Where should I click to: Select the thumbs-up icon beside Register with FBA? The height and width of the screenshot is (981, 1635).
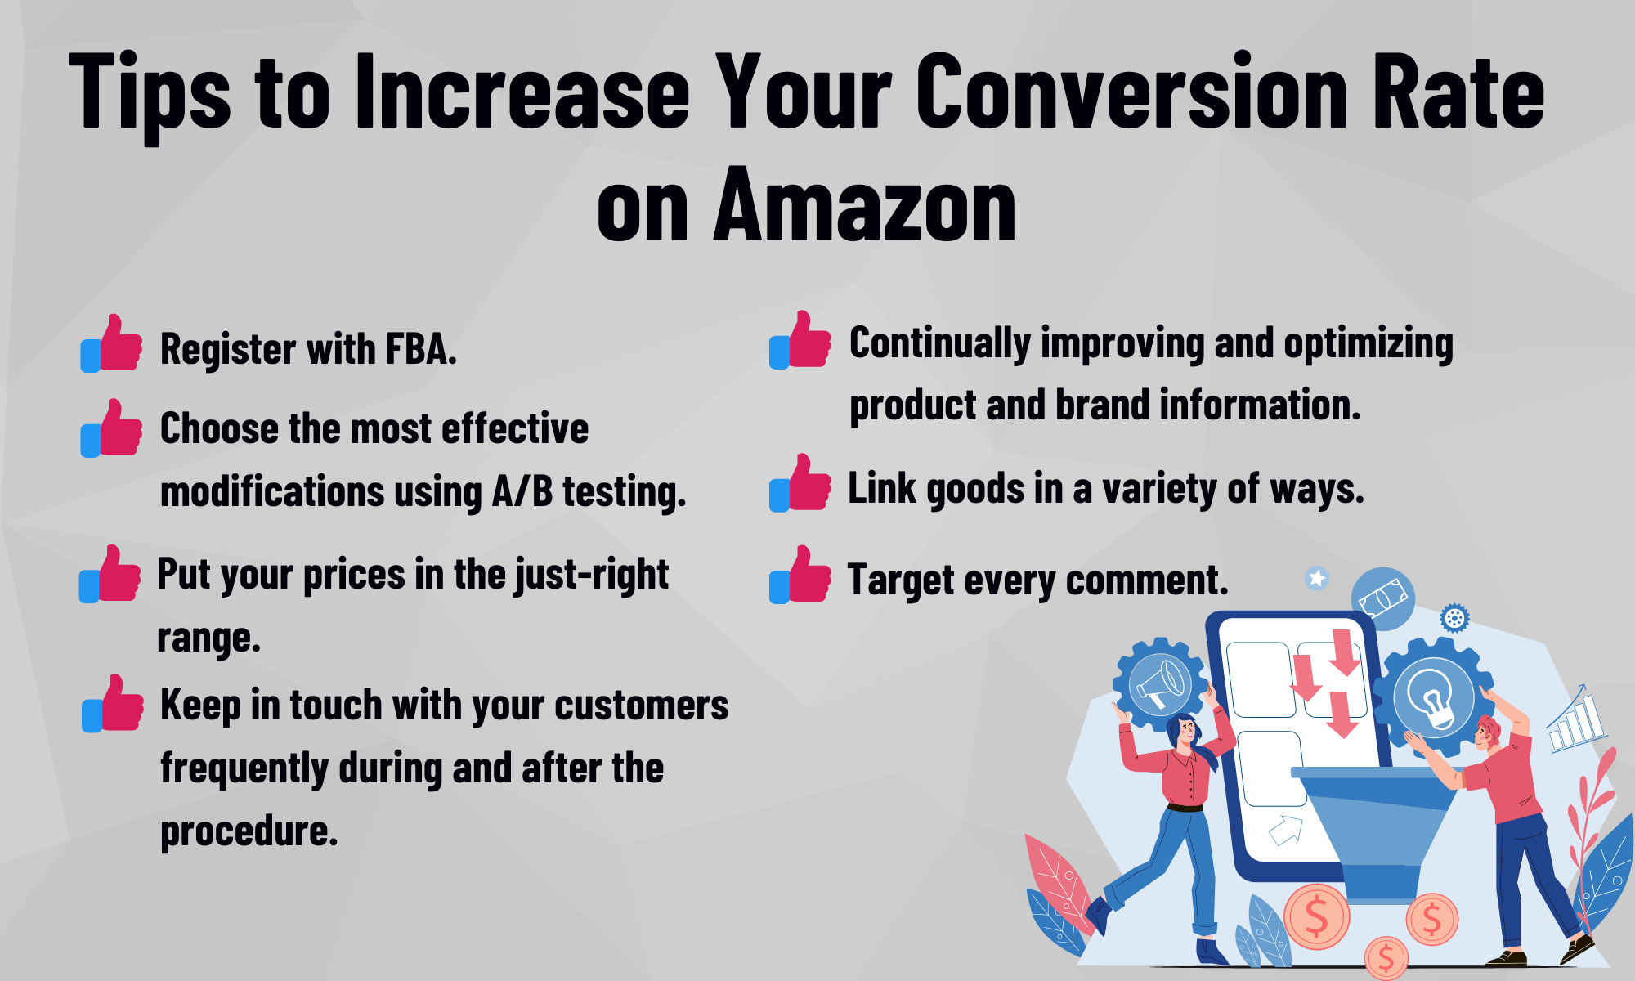coord(112,344)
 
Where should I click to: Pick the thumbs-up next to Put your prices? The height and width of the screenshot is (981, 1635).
coord(110,575)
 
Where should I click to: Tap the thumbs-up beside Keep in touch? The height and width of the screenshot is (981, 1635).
coord(113,704)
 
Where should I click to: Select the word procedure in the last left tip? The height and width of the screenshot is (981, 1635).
coord(249,831)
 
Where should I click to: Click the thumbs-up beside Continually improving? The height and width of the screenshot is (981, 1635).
coord(800,340)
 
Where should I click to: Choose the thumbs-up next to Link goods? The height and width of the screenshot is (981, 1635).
coord(800,484)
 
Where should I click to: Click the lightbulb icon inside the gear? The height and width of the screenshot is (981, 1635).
coord(1433,697)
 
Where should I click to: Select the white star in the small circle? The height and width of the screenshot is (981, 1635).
coord(1316,579)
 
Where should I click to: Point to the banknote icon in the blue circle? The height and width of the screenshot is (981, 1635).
coord(1382,598)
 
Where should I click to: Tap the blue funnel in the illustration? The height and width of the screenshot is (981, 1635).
coord(1374,826)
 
